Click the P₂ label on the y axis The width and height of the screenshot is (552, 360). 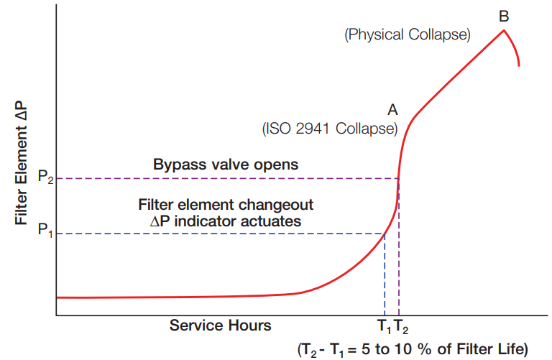(x=44, y=177)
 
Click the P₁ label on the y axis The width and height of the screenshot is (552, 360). (x=44, y=232)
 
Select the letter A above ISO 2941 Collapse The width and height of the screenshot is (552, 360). (x=392, y=110)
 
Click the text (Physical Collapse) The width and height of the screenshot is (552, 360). (x=408, y=34)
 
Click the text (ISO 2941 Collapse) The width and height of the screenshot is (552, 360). (x=329, y=129)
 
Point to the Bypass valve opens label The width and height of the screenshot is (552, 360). (x=226, y=165)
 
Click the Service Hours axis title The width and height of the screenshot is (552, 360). (x=220, y=326)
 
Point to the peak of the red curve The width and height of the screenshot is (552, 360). (x=504, y=29)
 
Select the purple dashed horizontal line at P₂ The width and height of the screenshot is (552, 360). (x=216, y=178)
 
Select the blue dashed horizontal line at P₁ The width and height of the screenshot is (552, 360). (x=216, y=233)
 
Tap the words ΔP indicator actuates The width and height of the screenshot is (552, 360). (x=225, y=221)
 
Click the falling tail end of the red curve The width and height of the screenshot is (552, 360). (x=517, y=61)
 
